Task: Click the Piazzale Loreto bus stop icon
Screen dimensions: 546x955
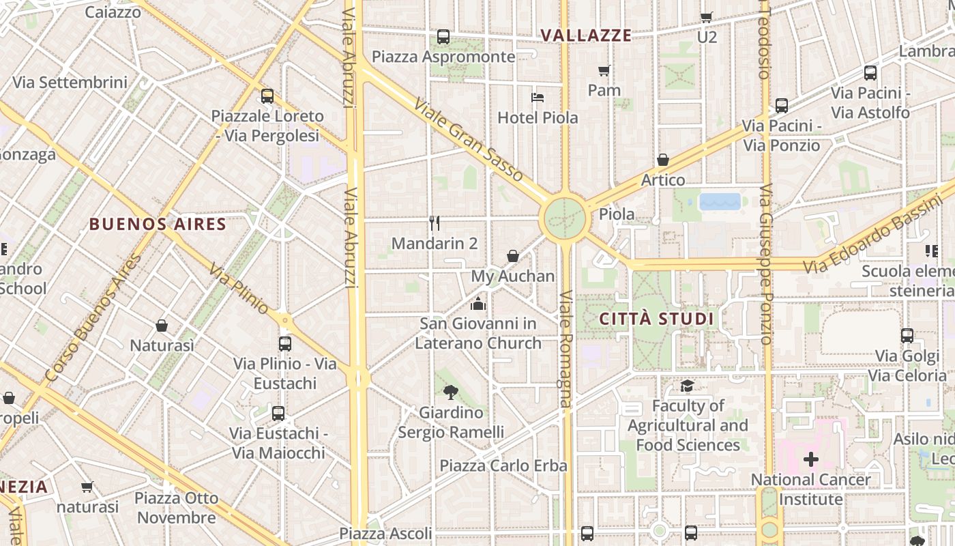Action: pyautogui.click(x=267, y=96)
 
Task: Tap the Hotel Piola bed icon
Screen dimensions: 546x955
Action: pyautogui.click(x=538, y=97)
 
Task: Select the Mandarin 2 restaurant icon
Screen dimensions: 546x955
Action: pyautogui.click(x=435, y=222)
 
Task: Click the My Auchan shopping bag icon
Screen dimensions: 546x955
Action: pyautogui.click(x=513, y=256)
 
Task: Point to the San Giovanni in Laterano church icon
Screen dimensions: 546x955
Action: pyautogui.click(x=478, y=303)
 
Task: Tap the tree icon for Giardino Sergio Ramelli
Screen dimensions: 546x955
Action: pyautogui.click(x=450, y=392)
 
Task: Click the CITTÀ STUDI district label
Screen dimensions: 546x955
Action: pyautogui.click(x=656, y=319)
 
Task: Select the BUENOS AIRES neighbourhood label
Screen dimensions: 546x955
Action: pyautogui.click(x=158, y=224)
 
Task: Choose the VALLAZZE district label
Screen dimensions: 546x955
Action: pyautogui.click(x=586, y=35)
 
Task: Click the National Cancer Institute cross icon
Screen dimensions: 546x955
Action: pyautogui.click(x=810, y=459)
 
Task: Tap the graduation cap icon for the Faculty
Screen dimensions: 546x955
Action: pyautogui.click(x=687, y=386)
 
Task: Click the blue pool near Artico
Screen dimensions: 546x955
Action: pyautogui.click(x=720, y=201)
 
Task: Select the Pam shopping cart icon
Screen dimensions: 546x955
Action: pyautogui.click(x=604, y=70)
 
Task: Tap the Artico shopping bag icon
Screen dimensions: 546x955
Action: pyautogui.click(x=662, y=160)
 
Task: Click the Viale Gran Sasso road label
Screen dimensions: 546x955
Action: pyautogui.click(x=469, y=140)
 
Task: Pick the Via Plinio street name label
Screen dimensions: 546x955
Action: pyautogui.click(x=239, y=289)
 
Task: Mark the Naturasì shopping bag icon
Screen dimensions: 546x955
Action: pyautogui.click(x=162, y=326)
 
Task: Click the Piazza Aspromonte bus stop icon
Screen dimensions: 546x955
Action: pyautogui.click(x=443, y=37)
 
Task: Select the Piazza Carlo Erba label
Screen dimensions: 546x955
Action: pyautogui.click(x=503, y=465)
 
